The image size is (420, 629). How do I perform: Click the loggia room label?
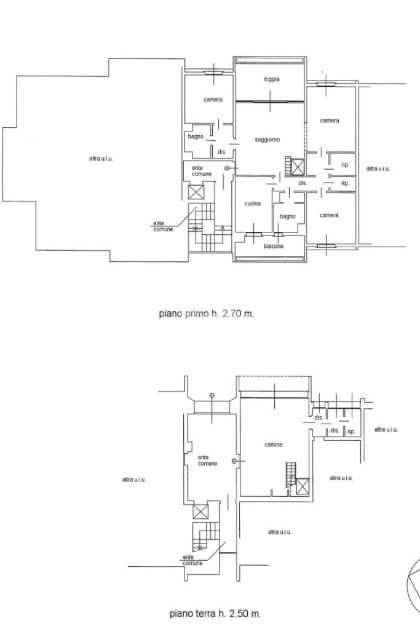click(x=272, y=79)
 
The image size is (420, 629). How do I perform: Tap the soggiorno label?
click(x=267, y=140)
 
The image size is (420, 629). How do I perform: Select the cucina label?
click(x=252, y=204)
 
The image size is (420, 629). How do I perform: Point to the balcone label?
click(x=274, y=247)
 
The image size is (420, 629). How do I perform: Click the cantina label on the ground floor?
click(x=274, y=445)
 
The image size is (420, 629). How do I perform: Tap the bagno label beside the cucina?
click(x=287, y=216)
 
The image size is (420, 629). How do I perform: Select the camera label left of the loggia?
click(x=213, y=100)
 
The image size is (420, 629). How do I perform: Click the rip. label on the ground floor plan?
click(x=351, y=432)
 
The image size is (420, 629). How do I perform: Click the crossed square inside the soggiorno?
click(x=298, y=167)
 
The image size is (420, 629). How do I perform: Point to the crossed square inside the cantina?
click(x=303, y=486)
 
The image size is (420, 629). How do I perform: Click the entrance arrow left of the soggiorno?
click(x=228, y=168)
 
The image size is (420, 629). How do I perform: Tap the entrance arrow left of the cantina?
click(x=234, y=461)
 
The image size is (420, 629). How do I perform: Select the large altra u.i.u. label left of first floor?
click(x=101, y=159)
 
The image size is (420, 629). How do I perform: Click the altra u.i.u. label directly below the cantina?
click(x=279, y=532)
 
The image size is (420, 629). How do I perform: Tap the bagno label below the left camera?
click(x=196, y=136)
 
